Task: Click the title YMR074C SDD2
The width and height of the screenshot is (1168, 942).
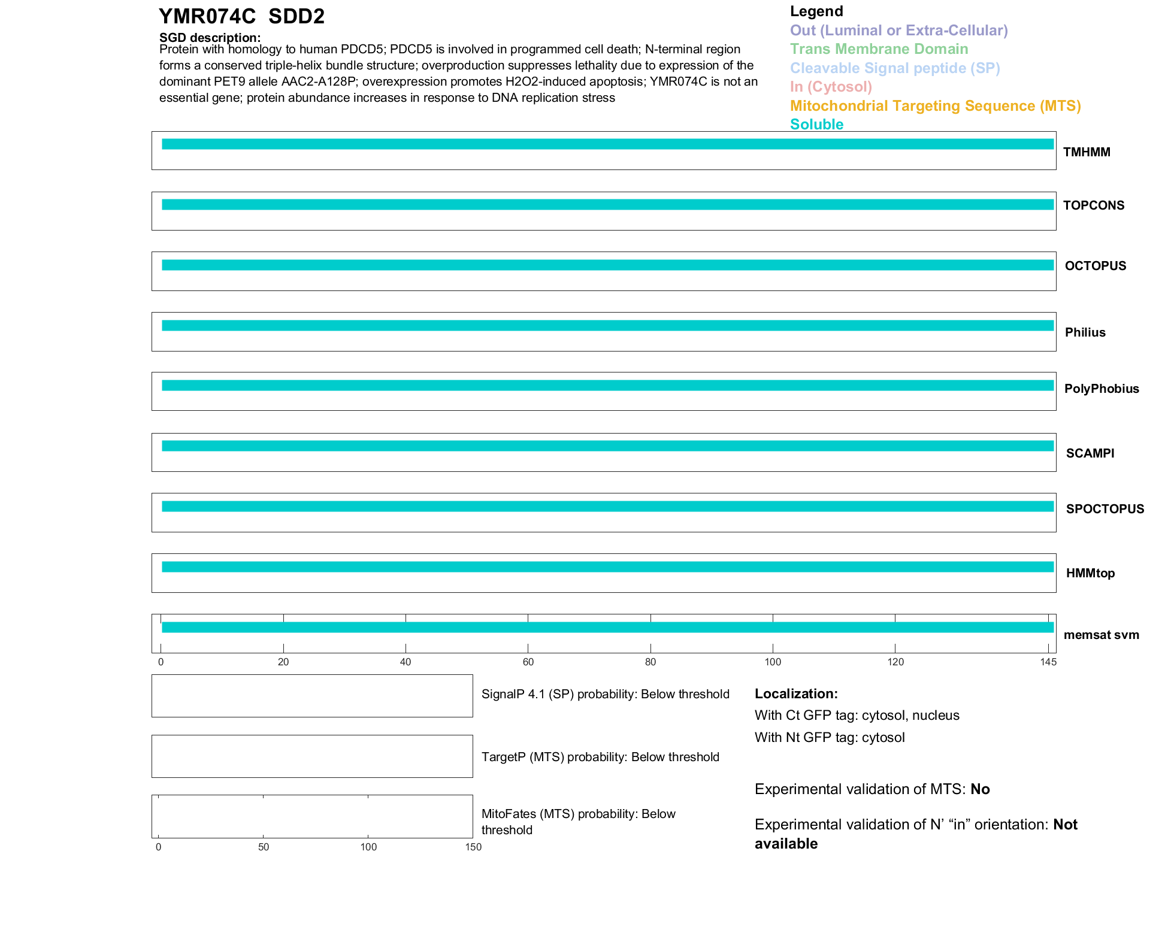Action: point(241,17)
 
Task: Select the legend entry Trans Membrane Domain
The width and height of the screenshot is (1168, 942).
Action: point(879,49)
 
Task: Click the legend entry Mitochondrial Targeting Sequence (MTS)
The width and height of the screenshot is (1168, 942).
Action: point(935,106)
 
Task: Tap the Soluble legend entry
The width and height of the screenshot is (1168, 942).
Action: point(816,125)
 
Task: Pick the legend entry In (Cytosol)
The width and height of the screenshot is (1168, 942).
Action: point(831,87)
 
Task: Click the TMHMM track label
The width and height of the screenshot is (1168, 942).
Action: point(1086,152)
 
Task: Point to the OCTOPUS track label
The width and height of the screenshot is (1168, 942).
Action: point(1095,266)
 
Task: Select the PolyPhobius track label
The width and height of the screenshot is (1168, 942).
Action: point(1101,389)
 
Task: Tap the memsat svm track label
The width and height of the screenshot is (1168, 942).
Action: point(1101,635)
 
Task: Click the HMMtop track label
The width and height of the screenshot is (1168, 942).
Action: point(1090,573)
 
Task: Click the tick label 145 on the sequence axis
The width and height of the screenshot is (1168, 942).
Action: point(1048,662)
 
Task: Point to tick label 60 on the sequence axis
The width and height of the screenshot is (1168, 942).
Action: point(528,662)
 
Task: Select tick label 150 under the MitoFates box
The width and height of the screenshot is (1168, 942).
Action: point(473,847)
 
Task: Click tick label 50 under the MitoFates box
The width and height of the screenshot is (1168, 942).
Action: point(263,847)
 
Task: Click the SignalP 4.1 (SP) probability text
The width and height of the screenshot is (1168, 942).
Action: point(605,694)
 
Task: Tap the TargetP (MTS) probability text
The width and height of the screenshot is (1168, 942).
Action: point(600,757)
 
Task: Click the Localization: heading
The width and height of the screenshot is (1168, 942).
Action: point(795,693)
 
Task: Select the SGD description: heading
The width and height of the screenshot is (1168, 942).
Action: point(210,38)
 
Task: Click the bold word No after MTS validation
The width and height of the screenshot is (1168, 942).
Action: point(980,789)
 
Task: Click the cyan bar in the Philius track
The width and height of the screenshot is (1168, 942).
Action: point(607,326)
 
